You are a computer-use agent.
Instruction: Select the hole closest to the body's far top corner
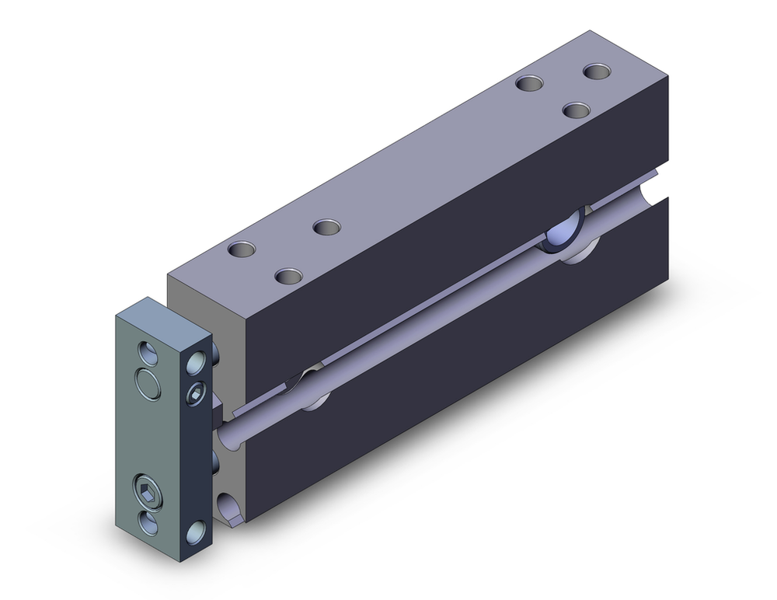(x=597, y=72)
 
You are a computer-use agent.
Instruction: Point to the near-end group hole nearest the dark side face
(x=289, y=276)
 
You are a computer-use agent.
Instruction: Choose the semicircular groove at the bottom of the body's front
(x=231, y=510)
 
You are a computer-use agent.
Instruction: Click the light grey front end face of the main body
(x=206, y=295)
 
